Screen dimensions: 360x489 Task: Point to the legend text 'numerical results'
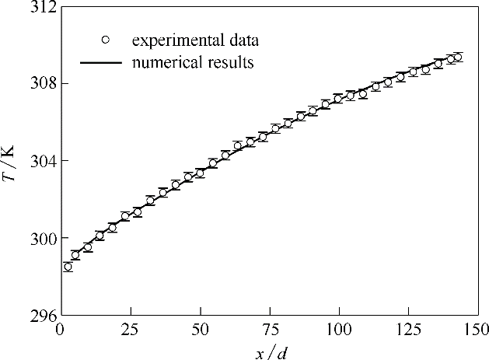tap(193, 63)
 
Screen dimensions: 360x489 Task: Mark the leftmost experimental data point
tap(68, 267)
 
